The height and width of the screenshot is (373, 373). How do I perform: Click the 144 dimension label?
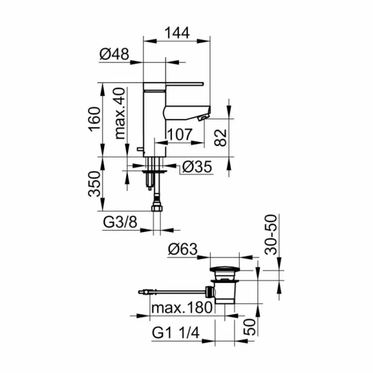tap(177, 33)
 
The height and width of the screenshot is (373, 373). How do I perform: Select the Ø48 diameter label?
tap(115, 54)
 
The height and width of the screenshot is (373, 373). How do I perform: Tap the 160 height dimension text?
tap(94, 119)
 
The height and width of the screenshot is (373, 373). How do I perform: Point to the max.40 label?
tap(120, 113)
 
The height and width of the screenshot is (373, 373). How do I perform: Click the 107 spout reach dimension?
tap(180, 134)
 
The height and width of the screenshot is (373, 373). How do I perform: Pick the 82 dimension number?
tap(220, 138)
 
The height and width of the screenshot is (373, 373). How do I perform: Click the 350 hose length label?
tap(94, 184)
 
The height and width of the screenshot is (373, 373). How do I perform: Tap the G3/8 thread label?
tap(120, 222)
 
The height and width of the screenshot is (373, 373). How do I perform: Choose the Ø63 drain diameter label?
tap(183, 249)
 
